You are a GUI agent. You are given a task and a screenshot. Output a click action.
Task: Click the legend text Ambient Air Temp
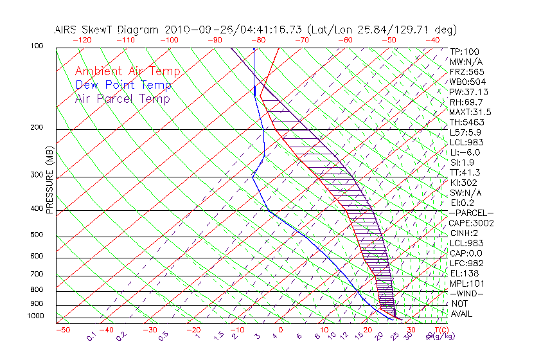coord(127,71)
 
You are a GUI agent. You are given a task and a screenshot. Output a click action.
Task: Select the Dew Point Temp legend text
coord(123,85)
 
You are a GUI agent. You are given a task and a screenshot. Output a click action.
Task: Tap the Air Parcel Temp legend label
coord(122,98)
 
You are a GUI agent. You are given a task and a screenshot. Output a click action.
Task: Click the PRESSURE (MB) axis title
coord(50,179)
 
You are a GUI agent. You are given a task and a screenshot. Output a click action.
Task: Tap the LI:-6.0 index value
coord(465,152)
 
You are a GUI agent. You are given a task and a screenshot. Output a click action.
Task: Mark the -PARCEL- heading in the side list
coord(471,213)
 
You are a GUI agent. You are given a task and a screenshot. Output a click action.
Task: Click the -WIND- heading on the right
coord(467,293)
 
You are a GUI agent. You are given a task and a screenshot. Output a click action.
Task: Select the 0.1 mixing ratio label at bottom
coord(91,336)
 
